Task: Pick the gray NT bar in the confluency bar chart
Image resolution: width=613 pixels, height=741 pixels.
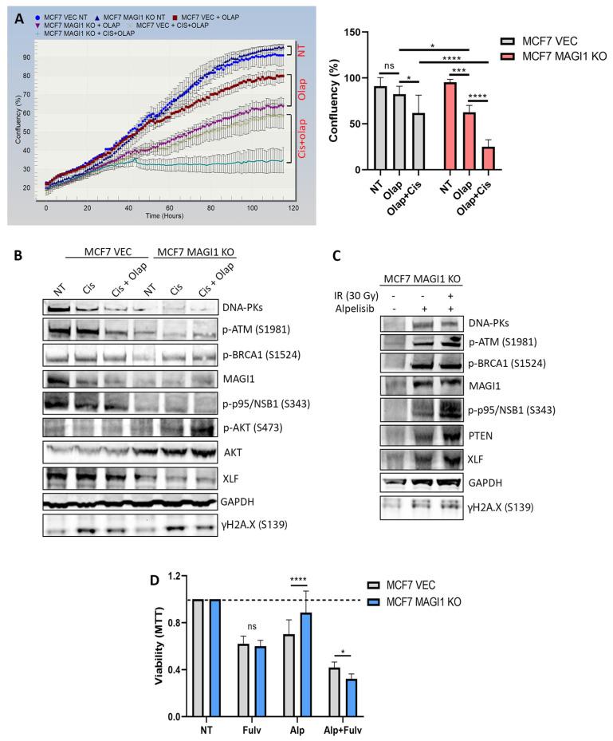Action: point(381,128)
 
